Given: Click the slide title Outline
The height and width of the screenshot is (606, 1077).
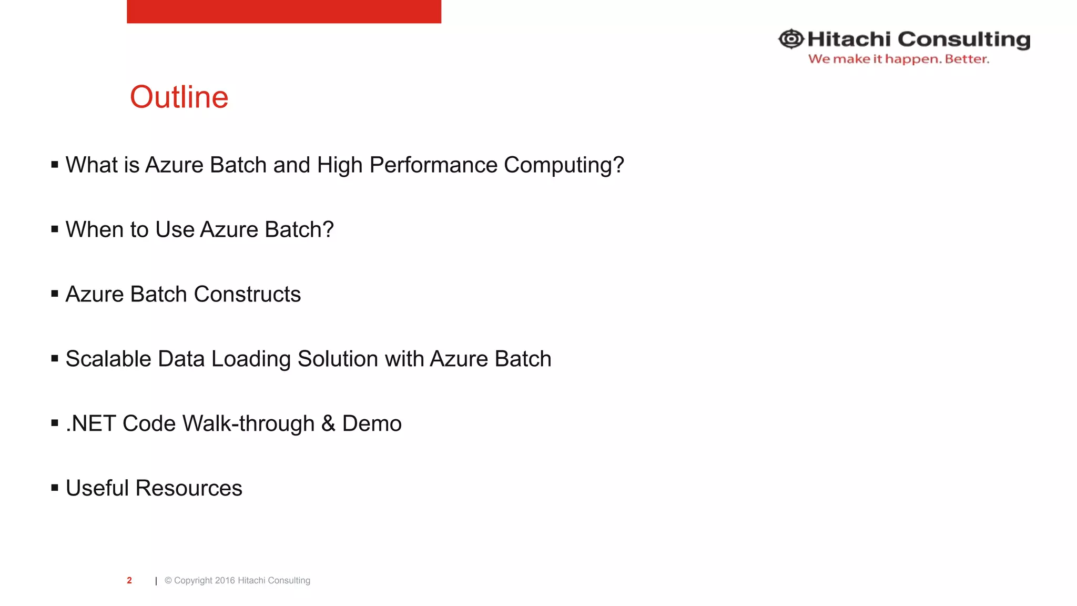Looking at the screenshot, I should tap(179, 97).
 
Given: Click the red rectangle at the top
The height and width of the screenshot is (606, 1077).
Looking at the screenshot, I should tap(283, 11).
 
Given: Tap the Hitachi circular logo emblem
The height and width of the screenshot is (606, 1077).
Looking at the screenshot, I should tap(790, 39).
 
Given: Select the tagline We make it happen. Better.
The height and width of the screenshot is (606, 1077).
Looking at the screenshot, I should tap(898, 59).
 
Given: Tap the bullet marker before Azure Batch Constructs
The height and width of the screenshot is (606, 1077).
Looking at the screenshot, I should tap(55, 294).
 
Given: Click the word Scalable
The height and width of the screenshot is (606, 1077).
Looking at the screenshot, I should tap(108, 359).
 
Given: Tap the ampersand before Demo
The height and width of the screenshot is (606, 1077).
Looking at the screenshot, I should tap(328, 424).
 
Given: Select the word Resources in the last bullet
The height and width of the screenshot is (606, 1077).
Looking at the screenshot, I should tap(189, 489).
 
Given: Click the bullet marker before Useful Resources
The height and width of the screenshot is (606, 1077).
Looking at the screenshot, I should tap(55, 488).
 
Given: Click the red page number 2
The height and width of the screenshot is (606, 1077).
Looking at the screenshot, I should tap(129, 580).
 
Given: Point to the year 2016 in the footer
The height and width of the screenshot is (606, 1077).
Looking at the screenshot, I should tap(225, 581).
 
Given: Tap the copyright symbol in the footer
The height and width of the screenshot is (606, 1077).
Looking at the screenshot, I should tap(168, 581).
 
